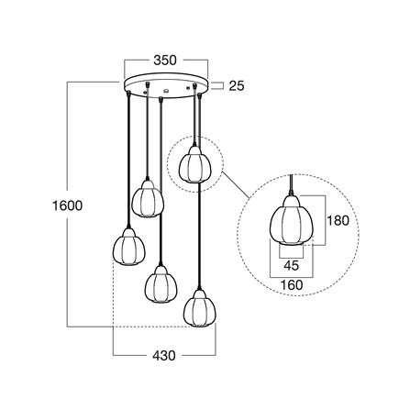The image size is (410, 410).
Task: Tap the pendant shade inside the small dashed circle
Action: [193, 164]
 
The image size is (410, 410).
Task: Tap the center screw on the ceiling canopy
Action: [166, 91]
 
